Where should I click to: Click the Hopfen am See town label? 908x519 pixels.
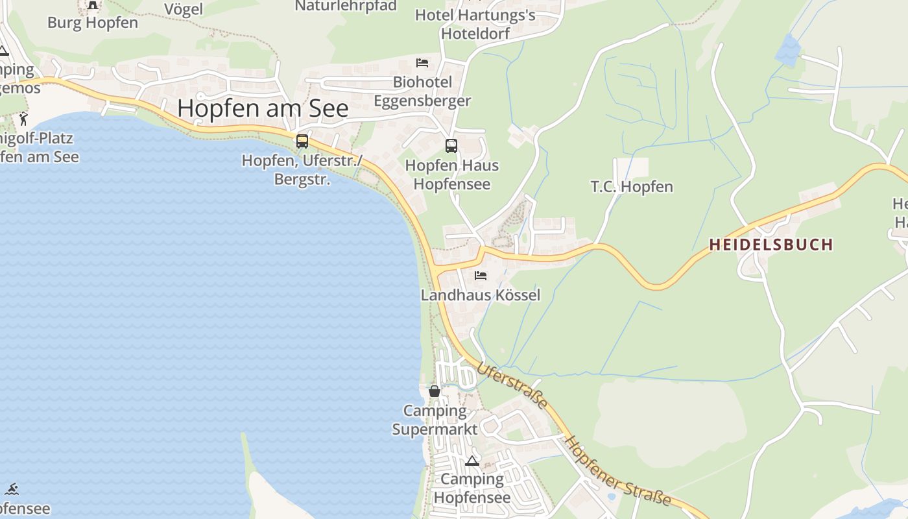[263, 108]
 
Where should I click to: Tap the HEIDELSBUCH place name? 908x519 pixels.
[771, 245]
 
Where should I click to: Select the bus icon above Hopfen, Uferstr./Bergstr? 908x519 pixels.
[302, 141]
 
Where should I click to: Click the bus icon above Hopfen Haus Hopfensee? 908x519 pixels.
[451, 146]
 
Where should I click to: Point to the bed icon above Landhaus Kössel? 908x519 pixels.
[480, 276]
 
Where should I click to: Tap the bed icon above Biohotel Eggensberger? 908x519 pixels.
[422, 63]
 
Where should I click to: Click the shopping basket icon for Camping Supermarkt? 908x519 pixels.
[435, 391]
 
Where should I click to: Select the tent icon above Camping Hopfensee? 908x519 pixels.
[472, 461]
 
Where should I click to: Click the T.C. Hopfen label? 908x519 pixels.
[632, 187]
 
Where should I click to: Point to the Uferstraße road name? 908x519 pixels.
[512, 386]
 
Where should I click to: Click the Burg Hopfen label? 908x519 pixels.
[93, 23]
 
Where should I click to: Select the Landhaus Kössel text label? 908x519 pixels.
[480, 295]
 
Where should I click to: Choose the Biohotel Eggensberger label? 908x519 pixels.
[422, 91]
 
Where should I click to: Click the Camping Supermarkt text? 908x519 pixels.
[435, 420]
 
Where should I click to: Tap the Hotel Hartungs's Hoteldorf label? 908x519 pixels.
[475, 24]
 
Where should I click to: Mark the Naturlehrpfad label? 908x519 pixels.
[346, 6]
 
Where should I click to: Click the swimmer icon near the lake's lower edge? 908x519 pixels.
[12, 489]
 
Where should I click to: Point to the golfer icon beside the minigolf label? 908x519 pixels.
[24, 119]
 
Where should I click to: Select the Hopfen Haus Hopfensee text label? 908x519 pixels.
[451, 175]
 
